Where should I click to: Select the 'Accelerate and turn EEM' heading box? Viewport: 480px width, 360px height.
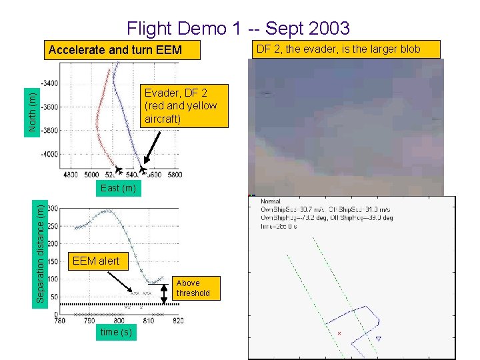coord(115,50)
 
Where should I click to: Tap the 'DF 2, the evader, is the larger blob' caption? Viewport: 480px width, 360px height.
coord(345,49)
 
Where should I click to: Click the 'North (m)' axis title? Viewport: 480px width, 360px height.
coord(33,111)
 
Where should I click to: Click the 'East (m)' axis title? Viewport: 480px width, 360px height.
coord(118,188)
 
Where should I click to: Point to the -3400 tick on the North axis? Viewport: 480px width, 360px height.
coord(49,83)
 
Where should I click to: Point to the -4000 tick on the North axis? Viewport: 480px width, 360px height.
coord(49,154)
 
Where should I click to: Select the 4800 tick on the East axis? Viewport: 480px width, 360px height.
coord(70,175)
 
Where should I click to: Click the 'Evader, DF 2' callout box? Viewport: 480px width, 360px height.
coord(180,105)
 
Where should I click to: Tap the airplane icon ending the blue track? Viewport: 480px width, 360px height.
coord(143,171)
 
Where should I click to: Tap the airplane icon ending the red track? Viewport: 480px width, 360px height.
coord(118,169)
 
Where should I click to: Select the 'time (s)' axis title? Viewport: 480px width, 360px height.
coord(116,332)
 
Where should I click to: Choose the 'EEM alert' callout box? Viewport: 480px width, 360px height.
coord(96,261)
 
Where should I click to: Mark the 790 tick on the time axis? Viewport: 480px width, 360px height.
coord(87,321)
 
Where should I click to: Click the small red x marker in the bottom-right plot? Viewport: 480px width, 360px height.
coord(339,333)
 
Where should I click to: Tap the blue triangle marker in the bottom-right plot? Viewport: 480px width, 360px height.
coord(378,339)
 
